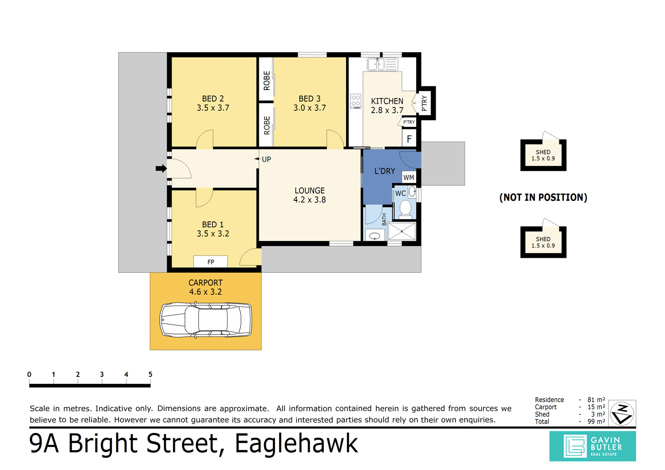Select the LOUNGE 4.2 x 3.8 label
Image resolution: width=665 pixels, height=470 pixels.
[310, 195]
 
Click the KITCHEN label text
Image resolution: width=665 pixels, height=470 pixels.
[387, 101]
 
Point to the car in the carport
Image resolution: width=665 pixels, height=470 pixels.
[206, 320]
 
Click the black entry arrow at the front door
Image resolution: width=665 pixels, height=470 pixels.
[161, 168]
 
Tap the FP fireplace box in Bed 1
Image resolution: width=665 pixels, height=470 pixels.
[210, 262]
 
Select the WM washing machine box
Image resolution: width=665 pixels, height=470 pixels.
[409, 177]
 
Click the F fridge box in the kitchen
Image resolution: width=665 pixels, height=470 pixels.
[409, 139]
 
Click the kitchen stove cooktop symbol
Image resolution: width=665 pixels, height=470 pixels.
[355, 101]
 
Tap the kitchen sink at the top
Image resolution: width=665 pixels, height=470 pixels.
[383, 64]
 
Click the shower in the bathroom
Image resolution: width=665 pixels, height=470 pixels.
[401, 232]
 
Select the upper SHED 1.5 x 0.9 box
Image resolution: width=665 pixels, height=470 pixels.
[543, 155]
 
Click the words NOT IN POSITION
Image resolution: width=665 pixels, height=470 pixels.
[543, 198]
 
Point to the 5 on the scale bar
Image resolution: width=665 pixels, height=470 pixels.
[150, 374]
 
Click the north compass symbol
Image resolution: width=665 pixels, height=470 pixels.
[621, 413]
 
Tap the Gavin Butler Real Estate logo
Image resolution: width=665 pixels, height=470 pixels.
[592, 446]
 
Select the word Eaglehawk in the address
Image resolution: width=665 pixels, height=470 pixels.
[296, 443]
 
